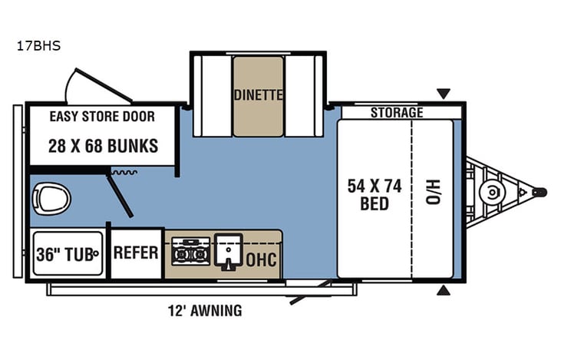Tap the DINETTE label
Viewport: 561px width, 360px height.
click(259, 95)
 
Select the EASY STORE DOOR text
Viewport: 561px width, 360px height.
click(102, 117)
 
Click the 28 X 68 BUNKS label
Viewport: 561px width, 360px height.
click(104, 145)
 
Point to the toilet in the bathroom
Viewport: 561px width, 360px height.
click(51, 200)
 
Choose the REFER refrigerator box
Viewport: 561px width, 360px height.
click(136, 253)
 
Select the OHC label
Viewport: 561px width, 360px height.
click(262, 258)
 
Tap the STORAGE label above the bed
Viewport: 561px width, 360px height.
click(397, 113)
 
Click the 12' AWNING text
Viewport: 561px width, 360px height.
click(205, 311)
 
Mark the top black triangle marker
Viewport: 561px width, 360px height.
click(444, 94)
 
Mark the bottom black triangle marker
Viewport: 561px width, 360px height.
click(444, 290)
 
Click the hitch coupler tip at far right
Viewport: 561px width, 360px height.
click(540, 191)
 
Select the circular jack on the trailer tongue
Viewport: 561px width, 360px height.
click(488, 191)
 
